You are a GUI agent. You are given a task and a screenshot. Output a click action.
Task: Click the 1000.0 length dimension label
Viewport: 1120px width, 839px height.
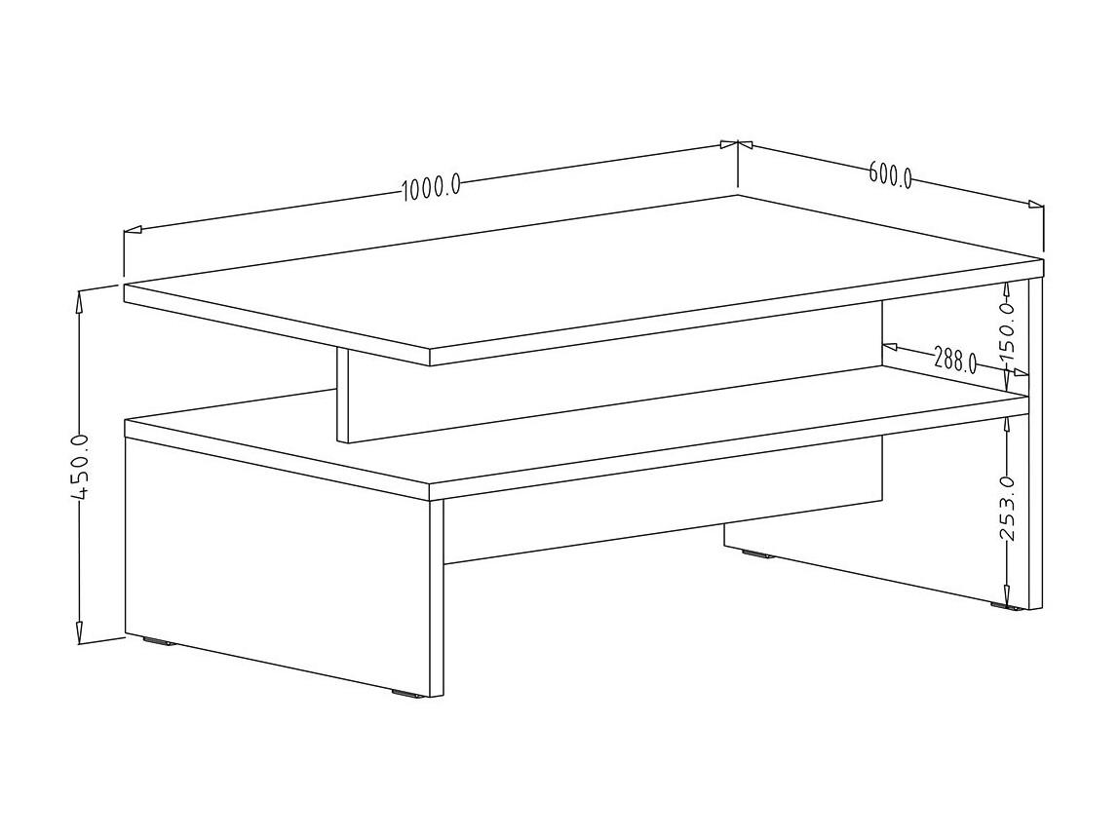tap(431, 188)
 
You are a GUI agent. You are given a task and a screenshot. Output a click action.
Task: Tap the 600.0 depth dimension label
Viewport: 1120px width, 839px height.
tap(891, 175)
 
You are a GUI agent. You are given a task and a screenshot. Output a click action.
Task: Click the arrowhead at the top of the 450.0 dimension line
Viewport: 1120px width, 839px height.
tap(81, 300)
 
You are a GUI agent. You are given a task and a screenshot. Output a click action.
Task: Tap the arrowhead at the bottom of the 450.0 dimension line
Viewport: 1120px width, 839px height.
tap(80, 631)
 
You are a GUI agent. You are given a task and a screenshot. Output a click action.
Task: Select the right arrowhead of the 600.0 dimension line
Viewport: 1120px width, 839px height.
tap(1034, 205)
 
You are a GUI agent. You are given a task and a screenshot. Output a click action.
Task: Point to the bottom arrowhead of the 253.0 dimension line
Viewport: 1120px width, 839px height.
tap(1007, 597)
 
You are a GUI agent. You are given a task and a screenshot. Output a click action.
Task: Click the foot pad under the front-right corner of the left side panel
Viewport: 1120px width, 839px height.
tap(406, 692)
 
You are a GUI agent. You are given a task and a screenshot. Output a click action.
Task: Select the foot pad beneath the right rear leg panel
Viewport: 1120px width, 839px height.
tap(1006, 607)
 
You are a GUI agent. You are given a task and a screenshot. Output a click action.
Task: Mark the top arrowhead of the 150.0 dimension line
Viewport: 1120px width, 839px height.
tap(1007, 289)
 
